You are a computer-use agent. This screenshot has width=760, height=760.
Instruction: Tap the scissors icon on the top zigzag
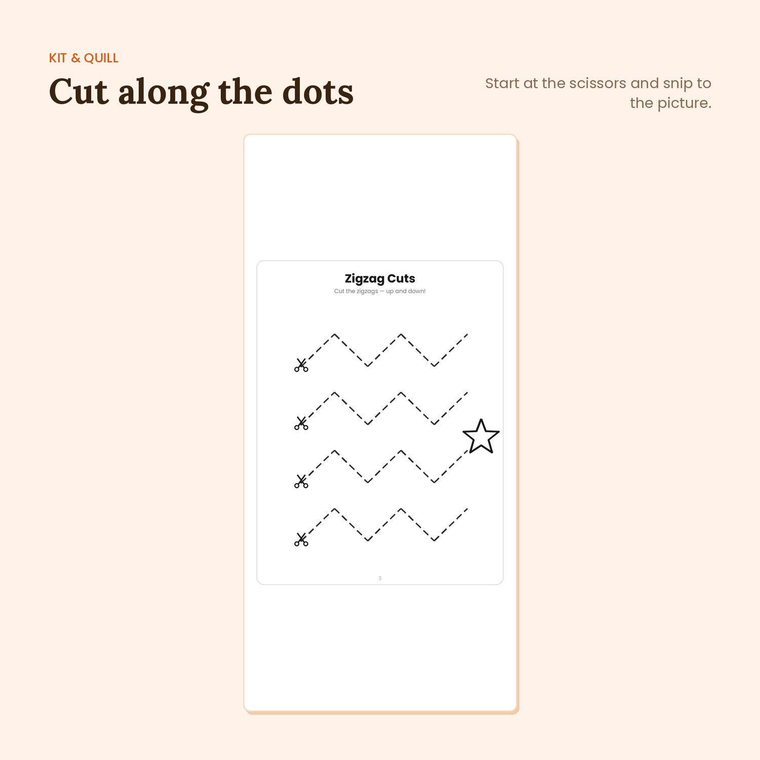(x=301, y=365)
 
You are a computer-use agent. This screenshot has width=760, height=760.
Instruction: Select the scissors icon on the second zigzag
(x=301, y=423)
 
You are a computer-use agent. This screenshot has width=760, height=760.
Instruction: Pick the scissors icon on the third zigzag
(x=301, y=481)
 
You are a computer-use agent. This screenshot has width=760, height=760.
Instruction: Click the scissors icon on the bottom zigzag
(x=301, y=539)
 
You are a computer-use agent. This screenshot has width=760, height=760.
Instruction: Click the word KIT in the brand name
(x=58, y=58)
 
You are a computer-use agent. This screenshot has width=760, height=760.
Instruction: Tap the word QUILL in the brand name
(x=101, y=58)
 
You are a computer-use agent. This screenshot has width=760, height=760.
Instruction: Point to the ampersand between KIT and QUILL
(x=75, y=58)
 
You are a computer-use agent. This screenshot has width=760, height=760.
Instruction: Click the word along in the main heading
(x=164, y=93)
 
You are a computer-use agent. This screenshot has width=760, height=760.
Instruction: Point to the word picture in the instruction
(x=685, y=104)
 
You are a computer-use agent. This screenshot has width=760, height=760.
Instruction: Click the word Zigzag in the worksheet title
(x=365, y=279)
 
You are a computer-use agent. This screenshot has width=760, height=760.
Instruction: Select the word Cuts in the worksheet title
(x=401, y=279)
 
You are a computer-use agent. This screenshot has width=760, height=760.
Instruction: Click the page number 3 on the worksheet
(x=380, y=578)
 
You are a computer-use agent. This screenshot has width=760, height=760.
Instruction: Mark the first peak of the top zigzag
(x=335, y=334)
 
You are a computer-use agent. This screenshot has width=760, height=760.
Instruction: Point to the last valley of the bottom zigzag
(x=434, y=540)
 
